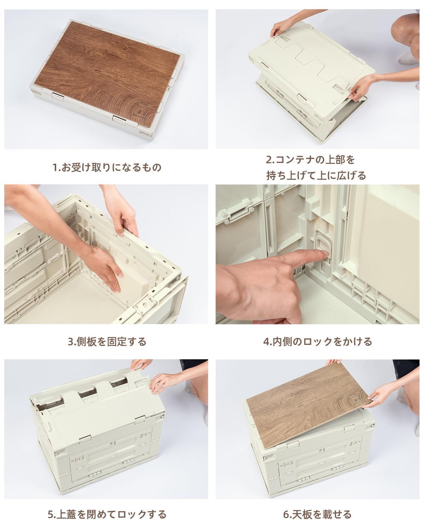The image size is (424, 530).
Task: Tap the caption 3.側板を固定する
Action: tap(107, 341)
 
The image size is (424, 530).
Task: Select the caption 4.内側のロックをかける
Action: tap(318, 341)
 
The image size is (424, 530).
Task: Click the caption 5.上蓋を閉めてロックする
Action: tap(107, 513)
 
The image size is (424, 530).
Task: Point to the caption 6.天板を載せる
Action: tap(318, 513)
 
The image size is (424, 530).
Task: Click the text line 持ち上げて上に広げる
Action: tap(316, 175)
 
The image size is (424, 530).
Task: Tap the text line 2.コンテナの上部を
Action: tap(310, 159)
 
